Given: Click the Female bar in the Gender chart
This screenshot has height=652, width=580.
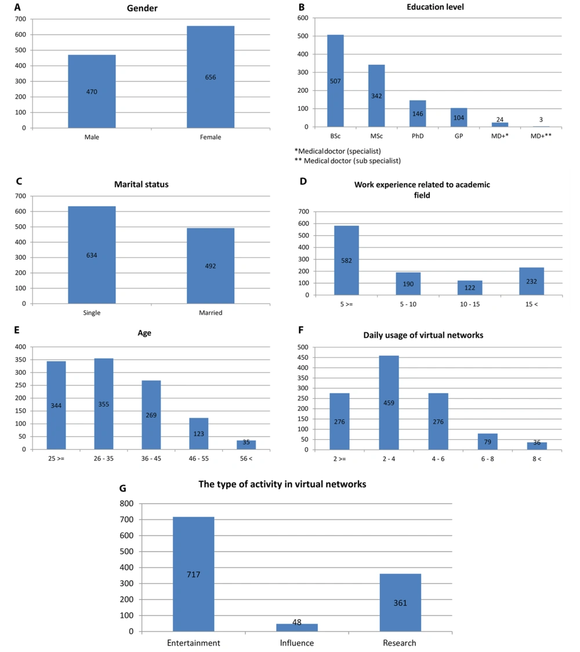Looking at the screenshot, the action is pyautogui.click(x=211, y=77).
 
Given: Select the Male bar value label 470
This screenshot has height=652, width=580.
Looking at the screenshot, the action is pyautogui.click(x=92, y=92).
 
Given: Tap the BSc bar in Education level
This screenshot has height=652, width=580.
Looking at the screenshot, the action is pyautogui.click(x=335, y=81).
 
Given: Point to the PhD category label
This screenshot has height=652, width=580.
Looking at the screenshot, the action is pyautogui.click(x=418, y=136).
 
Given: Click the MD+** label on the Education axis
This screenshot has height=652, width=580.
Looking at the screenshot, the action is pyautogui.click(x=541, y=136).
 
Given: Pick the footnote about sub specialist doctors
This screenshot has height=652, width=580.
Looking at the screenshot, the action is pyautogui.click(x=348, y=161).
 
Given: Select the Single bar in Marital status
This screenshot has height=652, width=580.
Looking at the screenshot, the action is pyautogui.click(x=92, y=255).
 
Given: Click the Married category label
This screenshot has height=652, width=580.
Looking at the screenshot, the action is pyautogui.click(x=211, y=313).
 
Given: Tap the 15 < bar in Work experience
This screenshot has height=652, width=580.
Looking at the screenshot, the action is pyautogui.click(x=531, y=282).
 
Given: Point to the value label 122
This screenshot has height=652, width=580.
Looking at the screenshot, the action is pyautogui.click(x=470, y=287).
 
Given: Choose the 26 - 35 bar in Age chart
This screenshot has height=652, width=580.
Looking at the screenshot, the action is pyautogui.click(x=104, y=404).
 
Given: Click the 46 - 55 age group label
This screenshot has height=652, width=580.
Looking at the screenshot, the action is pyautogui.click(x=199, y=458).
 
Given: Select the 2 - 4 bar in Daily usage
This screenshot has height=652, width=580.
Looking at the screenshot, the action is pyautogui.click(x=389, y=403).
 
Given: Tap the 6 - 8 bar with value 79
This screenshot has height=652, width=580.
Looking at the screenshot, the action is pyautogui.click(x=488, y=442).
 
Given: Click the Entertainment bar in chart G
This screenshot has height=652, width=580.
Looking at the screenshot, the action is pyautogui.click(x=194, y=574).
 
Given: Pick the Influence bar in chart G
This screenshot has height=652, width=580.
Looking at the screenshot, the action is pyautogui.click(x=296, y=628).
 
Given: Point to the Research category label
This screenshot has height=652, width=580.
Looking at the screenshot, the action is pyautogui.click(x=400, y=643).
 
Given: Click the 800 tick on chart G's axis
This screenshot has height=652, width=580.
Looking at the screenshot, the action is pyautogui.click(x=126, y=504).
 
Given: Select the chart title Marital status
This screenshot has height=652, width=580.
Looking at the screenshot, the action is pyautogui.click(x=142, y=184).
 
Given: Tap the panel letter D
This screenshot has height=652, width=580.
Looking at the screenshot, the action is pyautogui.click(x=303, y=181).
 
